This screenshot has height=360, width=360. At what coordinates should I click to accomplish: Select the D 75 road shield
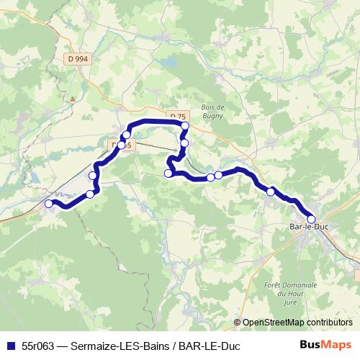click(178, 117)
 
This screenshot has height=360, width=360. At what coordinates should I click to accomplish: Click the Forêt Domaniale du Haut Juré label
click(281, 293)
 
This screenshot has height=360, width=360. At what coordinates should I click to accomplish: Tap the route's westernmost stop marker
click(49, 204)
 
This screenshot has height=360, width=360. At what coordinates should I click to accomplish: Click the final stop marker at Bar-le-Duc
click(311, 220)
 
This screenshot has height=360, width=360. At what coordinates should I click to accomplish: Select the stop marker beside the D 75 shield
click(185, 126)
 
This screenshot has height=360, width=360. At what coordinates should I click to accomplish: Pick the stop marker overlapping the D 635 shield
click(121, 145)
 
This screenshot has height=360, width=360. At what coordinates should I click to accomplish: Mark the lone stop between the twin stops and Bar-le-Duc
click(271, 192)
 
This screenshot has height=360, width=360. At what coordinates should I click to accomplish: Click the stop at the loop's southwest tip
click(168, 173)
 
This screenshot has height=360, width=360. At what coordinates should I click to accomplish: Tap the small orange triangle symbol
click(73, 99)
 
